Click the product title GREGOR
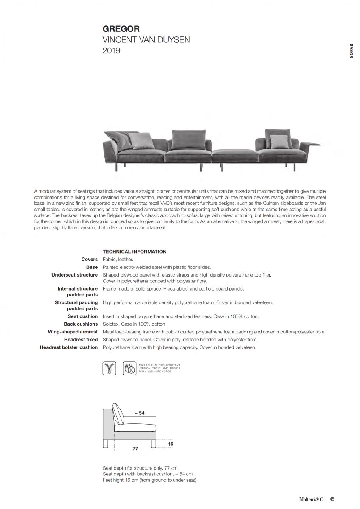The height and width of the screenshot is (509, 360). [x=121, y=29]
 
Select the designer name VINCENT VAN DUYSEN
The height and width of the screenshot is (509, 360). [x=146, y=40]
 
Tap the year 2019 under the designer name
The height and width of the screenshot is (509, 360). [x=111, y=51]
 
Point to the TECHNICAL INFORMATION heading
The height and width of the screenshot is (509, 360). [x=135, y=252]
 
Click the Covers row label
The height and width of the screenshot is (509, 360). [x=90, y=259]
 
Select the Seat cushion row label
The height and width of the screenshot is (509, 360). [x=83, y=316]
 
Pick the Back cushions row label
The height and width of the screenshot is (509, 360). [x=81, y=324]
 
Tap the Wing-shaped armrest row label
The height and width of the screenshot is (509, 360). [x=73, y=332]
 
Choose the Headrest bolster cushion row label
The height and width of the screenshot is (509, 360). [x=69, y=347]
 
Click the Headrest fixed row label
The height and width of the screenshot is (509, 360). [x=81, y=339]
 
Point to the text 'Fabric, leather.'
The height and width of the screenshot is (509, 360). [x=118, y=259]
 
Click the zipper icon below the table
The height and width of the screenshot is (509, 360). [x=109, y=368]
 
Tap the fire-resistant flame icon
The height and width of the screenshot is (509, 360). [x=129, y=368]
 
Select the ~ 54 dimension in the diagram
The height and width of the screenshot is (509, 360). [x=139, y=413]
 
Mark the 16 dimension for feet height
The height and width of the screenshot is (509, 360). [x=170, y=444]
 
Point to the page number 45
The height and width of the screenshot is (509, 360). [x=332, y=499]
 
